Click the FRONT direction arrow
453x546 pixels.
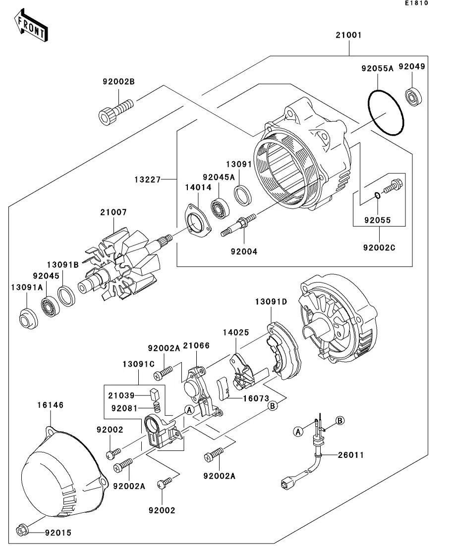point(31,25)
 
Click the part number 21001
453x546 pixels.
point(348,35)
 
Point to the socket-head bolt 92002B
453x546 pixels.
point(115,111)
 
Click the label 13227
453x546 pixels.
point(148,180)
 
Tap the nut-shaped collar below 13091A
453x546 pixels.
point(28,319)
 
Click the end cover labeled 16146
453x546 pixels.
point(64,472)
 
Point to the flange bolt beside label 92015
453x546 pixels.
point(22,530)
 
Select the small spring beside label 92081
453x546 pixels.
point(157,406)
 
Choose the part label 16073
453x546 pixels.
point(256,398)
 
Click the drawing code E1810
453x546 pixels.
point(416,3)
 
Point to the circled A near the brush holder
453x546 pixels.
point(189,410)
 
